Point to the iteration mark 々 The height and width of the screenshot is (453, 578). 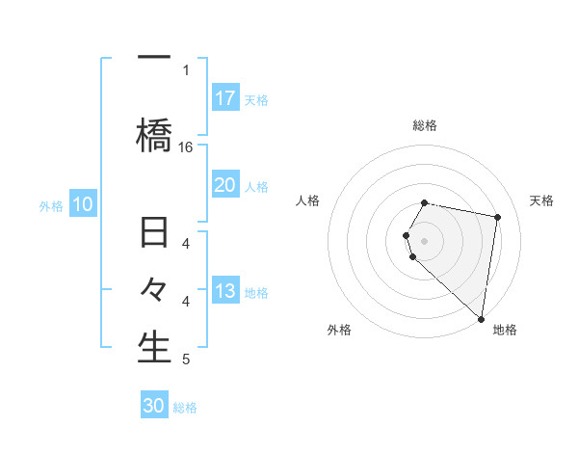[154, 290]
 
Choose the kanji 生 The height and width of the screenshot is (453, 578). [154, 348]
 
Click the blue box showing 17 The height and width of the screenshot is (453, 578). [225, 98]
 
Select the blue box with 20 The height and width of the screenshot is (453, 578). [225, 185]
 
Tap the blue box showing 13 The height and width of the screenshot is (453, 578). [225, 291]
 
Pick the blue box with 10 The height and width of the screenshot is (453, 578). [83, 204]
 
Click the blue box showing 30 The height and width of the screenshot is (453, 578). [154, 406]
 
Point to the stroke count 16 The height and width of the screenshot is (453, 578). [186, 147]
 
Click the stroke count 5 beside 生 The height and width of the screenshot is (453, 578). [186, 360]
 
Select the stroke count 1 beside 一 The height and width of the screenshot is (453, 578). [186, 69]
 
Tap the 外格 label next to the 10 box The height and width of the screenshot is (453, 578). [51, 205]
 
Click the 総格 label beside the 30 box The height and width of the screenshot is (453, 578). [185, 408]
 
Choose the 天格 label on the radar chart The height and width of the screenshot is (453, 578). [541, 200]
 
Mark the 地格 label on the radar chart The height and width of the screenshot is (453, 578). [505, 330]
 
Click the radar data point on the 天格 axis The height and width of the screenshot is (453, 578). [497, 218]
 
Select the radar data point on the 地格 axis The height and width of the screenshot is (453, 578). [481, 318]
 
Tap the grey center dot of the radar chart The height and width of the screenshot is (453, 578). [424, 240]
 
